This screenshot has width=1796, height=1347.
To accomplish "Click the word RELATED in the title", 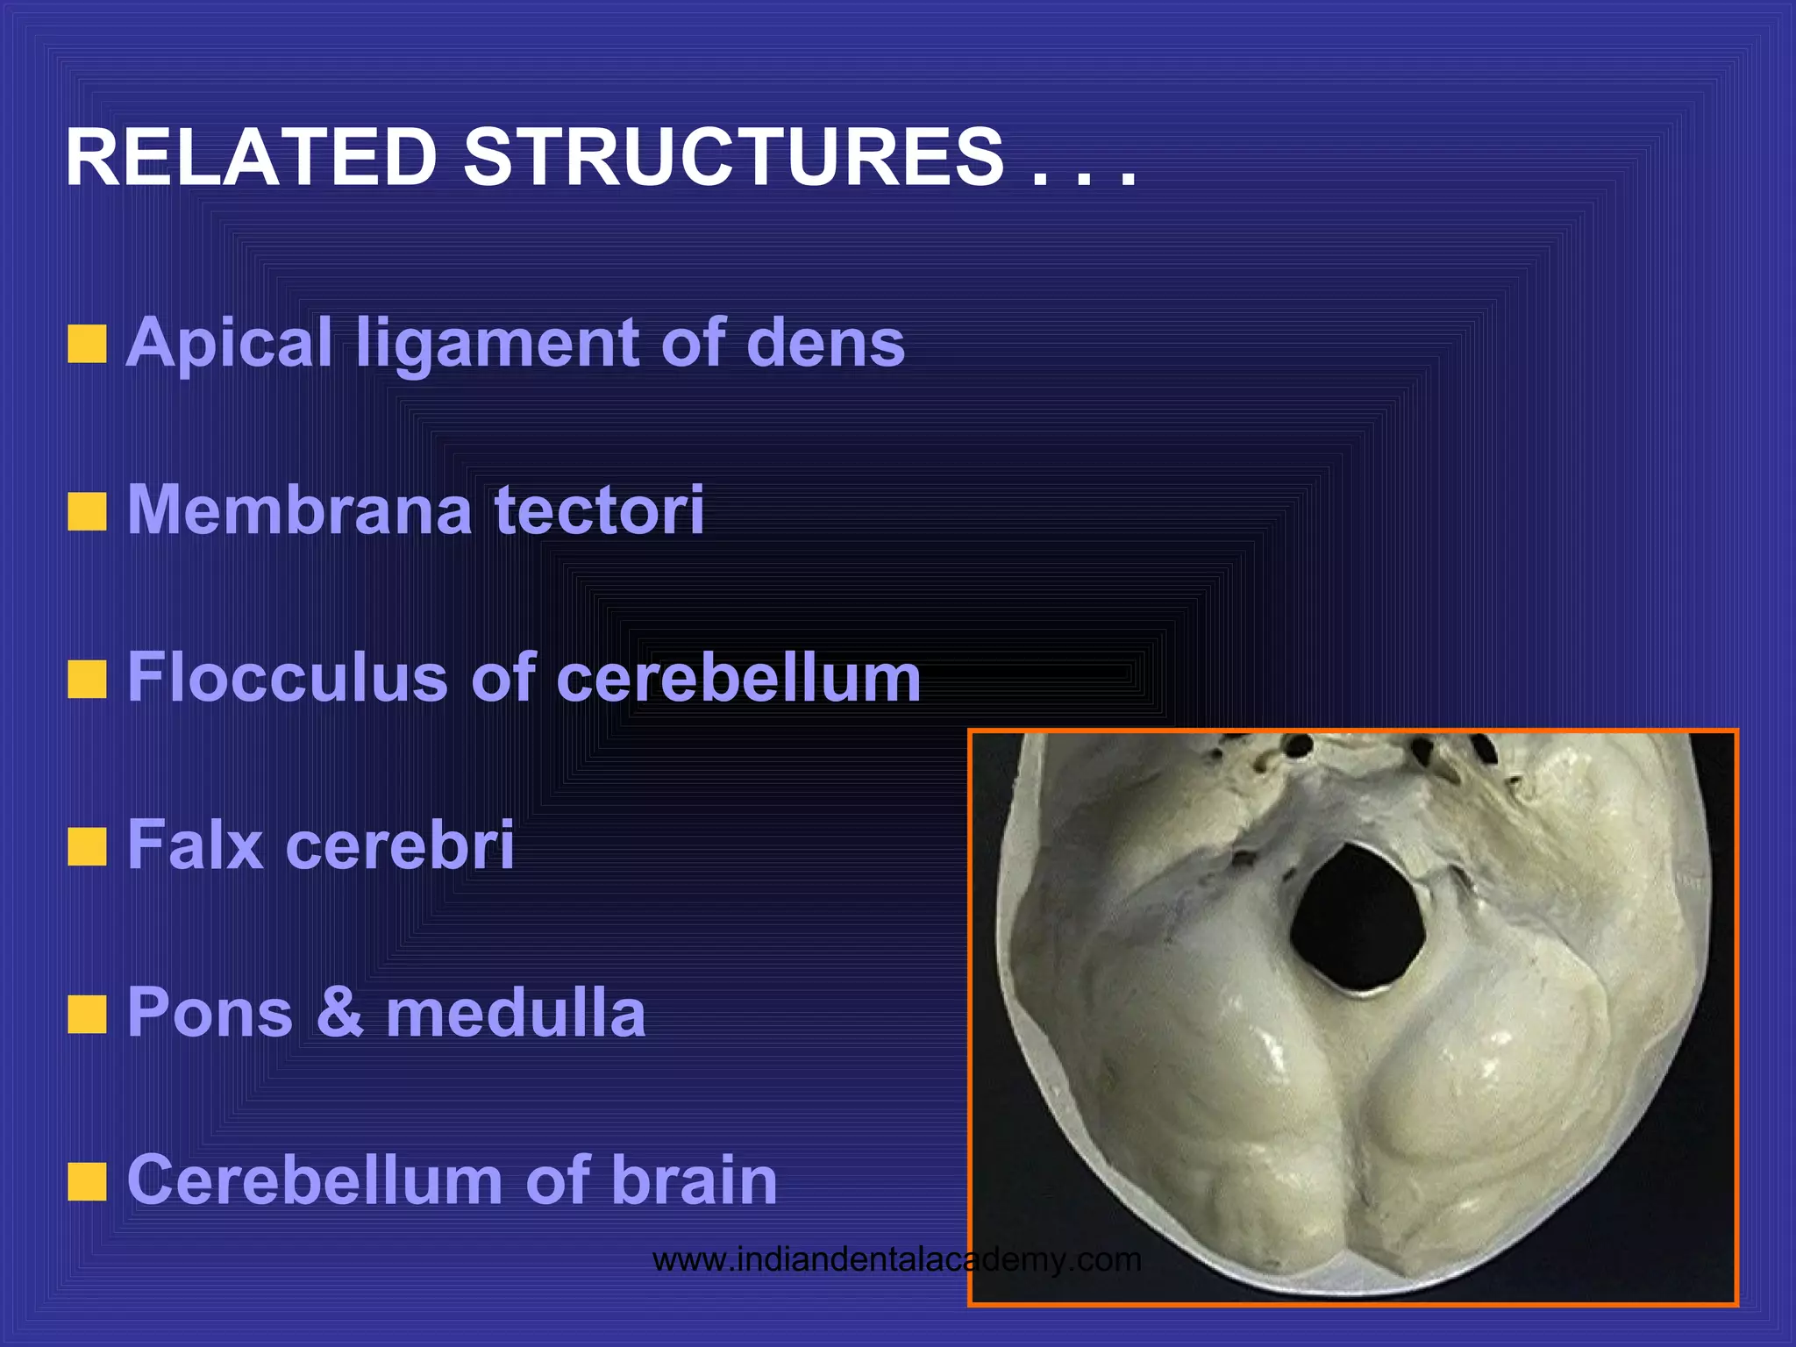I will click(251, 158).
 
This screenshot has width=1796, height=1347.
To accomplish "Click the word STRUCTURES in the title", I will click(733, 158).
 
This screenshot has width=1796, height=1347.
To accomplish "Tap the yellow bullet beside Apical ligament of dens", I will click(87, 344).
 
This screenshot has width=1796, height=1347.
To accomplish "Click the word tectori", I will click(599, 510).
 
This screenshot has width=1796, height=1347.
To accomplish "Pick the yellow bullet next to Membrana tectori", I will click(87, 512).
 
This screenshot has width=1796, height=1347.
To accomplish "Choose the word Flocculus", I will click(288, 677).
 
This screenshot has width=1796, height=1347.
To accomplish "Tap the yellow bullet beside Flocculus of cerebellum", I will click(87, 681).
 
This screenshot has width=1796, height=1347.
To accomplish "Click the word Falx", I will click(195, 845).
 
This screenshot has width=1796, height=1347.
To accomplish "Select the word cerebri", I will click(400, 845).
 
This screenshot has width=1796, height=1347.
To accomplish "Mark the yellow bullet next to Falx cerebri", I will click(87, 848).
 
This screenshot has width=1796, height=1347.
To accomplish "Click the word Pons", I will click(210, 1012).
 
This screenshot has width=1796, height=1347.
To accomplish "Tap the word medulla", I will click(516, 1012).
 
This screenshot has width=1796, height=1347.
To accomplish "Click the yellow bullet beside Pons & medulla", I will click(87, 1016).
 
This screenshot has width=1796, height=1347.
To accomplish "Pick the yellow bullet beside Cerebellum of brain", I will click(87, 1183).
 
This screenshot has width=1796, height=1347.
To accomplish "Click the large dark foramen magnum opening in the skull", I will click(1356, 917).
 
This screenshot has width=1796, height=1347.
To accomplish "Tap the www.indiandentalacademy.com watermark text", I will click(896, 1260).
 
